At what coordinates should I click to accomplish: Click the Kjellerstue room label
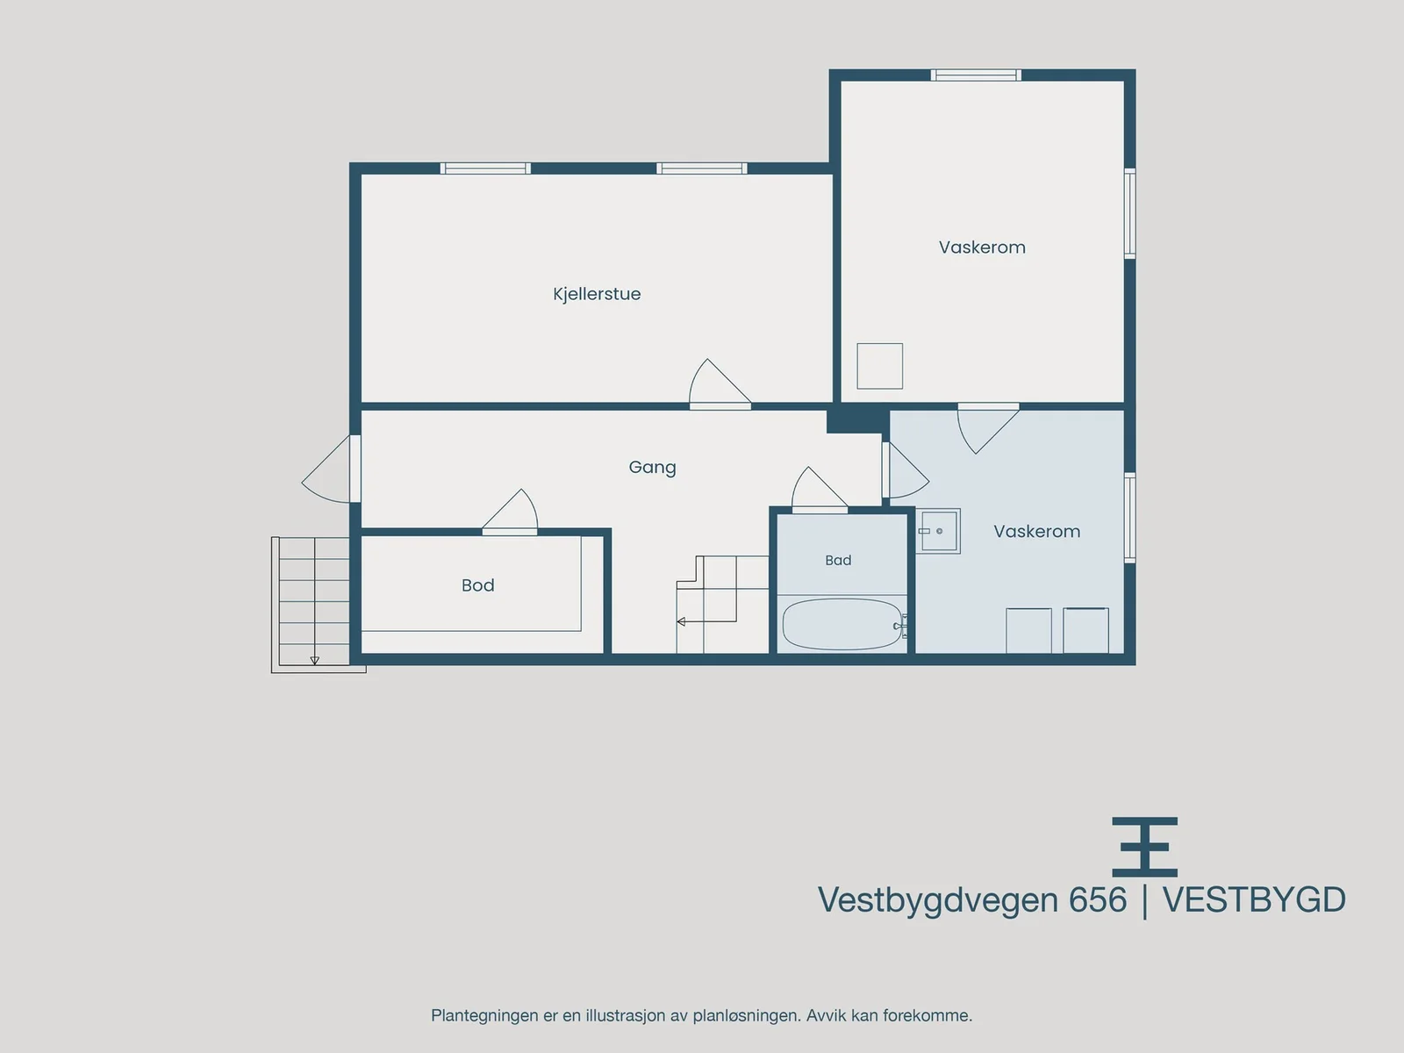(x=597, y=294)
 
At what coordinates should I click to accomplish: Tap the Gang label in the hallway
(x=653, y=468)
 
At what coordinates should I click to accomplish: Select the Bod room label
(x=478, y=585)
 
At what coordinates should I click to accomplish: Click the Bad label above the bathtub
(x=838, y=560)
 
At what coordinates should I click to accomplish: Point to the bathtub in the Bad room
(x=842, y=624)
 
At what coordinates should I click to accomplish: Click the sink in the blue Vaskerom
(x=938, y=531)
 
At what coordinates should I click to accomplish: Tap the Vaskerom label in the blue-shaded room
(x=1037, y=531)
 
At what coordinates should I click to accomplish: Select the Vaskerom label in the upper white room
(x=982, y=247)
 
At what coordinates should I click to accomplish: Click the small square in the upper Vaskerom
(x=879, y=366)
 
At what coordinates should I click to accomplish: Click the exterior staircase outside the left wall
(x=314, y=605)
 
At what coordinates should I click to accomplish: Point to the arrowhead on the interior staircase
(x=681, y=621)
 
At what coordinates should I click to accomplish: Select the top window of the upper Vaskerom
(x=976, y=75)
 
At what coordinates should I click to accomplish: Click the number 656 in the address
(x=1098, y=900)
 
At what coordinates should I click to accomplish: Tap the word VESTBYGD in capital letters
(x=1254, y=900)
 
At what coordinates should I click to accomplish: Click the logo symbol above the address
(x=1145, y=847)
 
